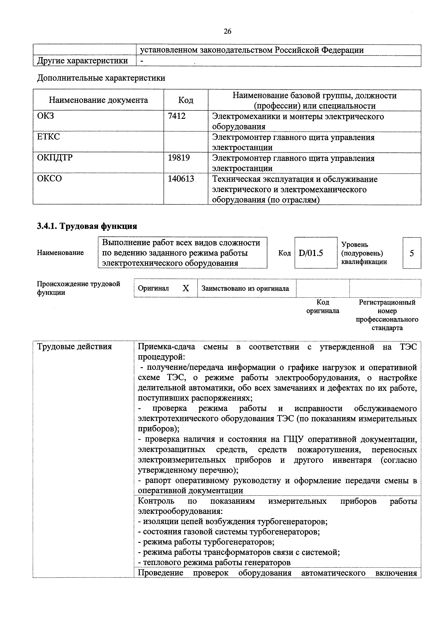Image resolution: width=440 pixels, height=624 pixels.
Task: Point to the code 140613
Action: pyautogui.click(x=181, y=179)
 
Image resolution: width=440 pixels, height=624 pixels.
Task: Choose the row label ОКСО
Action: pyautogui.click(x=49, y=179)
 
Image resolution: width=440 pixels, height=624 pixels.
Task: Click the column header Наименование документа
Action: pyautogui.click(x=98, y=100)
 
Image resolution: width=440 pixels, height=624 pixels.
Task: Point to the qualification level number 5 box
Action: pyautogui.click(x=412, y=253)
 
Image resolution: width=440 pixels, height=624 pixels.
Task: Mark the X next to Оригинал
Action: pyautogui.click(x=186, y=288)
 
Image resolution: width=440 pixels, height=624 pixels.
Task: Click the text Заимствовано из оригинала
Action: pyautogui.click(x=245, y=288)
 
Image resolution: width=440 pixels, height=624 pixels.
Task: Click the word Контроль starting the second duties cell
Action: pyautogui.click(x=156, y=501)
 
